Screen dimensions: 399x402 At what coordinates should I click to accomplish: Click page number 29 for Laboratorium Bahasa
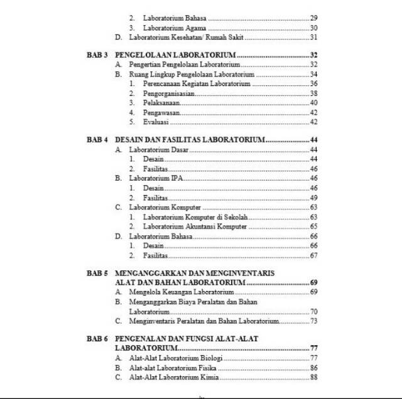(313, 18)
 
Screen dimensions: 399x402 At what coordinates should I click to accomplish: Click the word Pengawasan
(161, 112)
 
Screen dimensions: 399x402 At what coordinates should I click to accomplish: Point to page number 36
(313, 83)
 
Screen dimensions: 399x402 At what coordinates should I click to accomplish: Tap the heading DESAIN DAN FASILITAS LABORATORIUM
(190, 139)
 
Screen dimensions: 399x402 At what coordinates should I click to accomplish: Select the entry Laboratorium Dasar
(158, 150)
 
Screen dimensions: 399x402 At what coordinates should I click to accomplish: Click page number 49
(313, 198)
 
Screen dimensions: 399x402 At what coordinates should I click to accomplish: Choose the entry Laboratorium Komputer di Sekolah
(195, 216)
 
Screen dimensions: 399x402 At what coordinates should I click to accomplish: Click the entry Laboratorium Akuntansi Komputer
(195, 226)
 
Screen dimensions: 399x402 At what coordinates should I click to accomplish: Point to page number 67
(313, 255)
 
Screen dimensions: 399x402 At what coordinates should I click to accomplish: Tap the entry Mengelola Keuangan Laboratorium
(182, 292)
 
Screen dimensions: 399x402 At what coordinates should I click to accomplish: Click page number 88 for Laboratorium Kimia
(313, 377)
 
